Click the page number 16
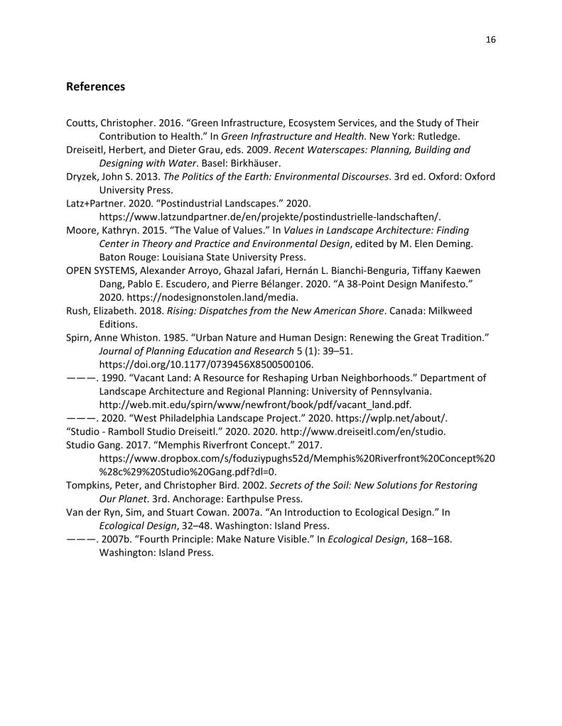point(490,40)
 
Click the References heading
point(95,87)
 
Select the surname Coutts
point(82,123)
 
